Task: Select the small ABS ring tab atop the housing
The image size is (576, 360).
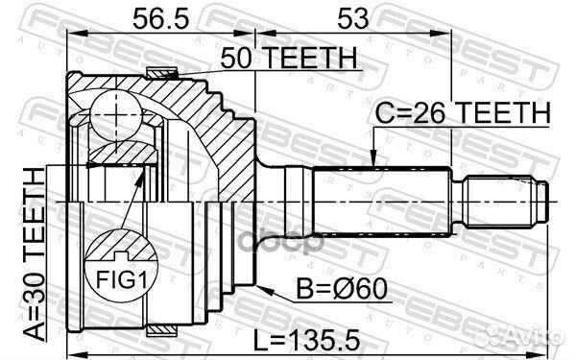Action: pyautogui.click(x=162, y=71)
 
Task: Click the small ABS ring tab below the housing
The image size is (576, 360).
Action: pyautogui.click(x=162, y=329)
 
